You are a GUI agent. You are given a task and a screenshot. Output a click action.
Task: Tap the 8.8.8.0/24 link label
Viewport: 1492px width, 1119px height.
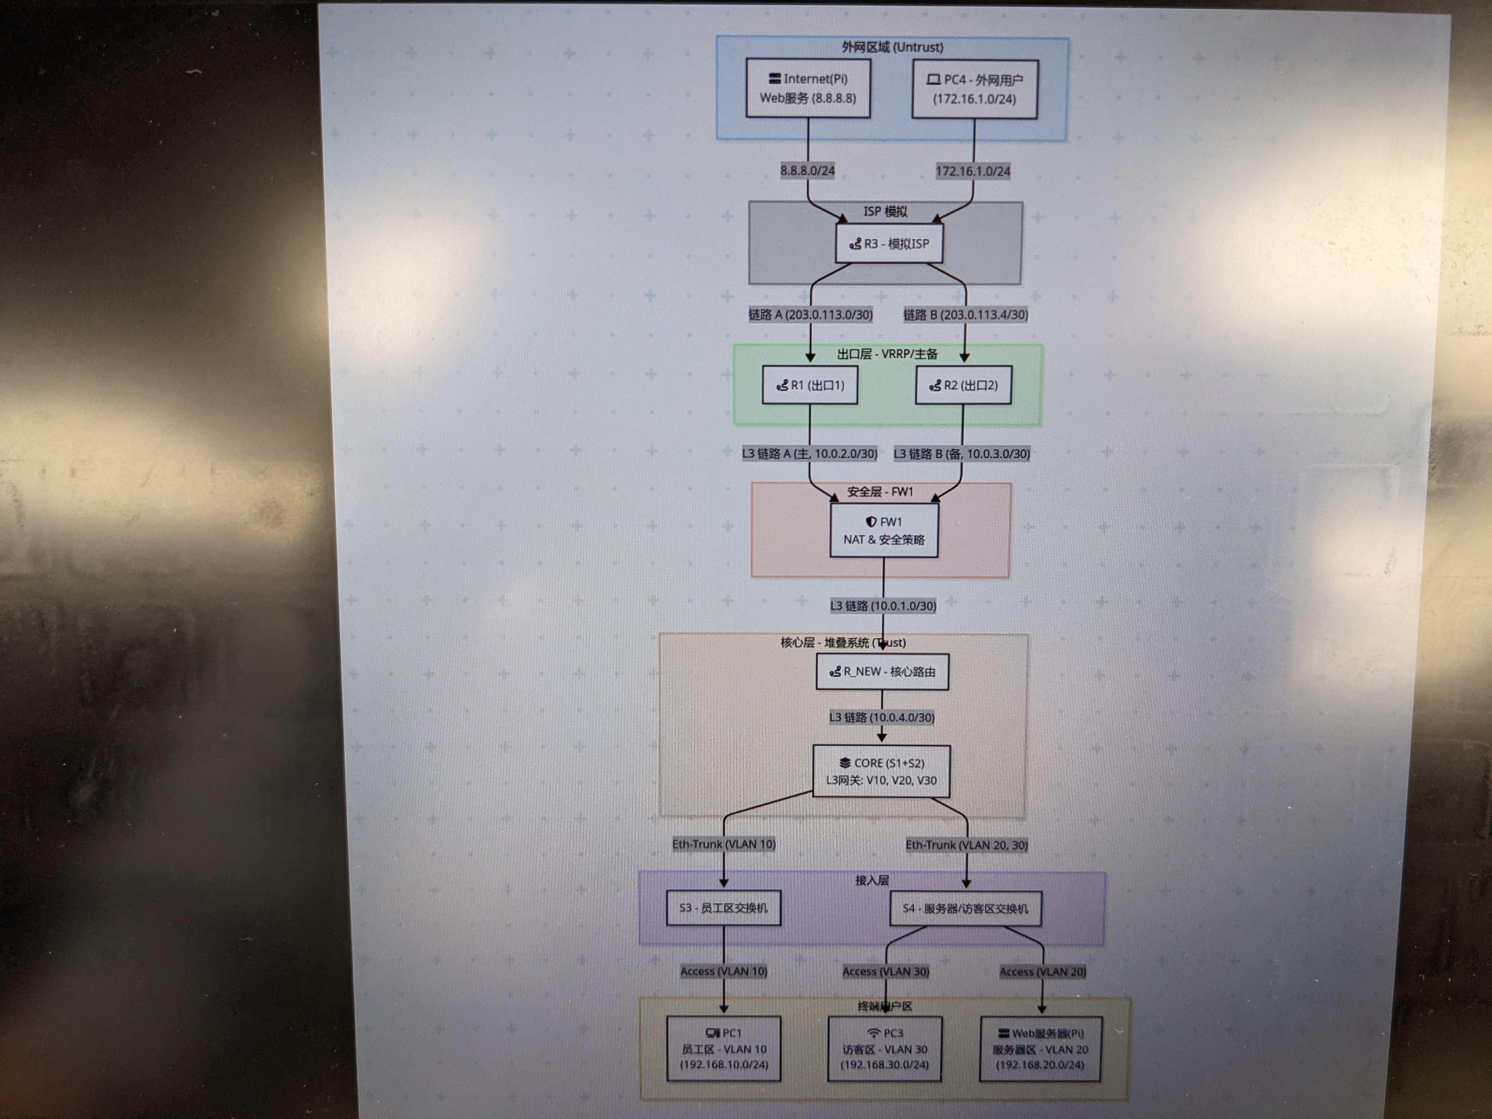(x=807, y=171)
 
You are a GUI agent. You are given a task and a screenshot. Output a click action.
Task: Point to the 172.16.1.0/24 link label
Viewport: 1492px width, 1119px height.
(x=972, y=171)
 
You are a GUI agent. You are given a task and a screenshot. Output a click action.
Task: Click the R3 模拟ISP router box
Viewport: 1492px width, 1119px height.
(x=888, y=243)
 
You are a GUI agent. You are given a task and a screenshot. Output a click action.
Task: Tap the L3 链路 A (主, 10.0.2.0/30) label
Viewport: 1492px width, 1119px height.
(x=809, y=454)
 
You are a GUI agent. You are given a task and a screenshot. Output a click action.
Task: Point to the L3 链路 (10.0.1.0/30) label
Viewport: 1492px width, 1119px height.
(x=883, y=606)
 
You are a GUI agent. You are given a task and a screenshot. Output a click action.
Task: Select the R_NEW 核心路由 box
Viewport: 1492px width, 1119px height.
(x=882, y=672)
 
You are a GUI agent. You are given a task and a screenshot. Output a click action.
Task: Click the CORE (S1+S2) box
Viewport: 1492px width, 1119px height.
(x=881, y=771)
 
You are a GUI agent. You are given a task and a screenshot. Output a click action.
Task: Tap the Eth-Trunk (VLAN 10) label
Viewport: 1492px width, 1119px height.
(x=724, y=844)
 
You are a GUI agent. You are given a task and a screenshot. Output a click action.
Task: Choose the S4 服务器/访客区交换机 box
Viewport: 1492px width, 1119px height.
(x=965, y=908)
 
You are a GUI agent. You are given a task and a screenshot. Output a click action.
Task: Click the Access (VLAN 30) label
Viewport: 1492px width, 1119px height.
(x=886, y=971)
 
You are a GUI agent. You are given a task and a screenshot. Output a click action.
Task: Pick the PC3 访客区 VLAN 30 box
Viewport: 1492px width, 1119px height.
(x=884, y=1049)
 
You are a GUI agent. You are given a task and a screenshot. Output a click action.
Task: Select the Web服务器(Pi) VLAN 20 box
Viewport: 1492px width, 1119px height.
(x=1040, y=1049)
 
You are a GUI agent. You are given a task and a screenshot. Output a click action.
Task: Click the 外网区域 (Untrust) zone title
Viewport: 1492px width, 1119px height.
(x=892, y=47)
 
